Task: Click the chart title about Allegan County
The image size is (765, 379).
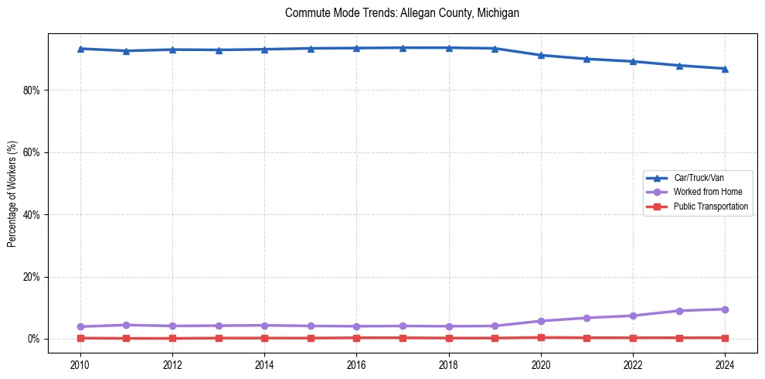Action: (x=401, y=13)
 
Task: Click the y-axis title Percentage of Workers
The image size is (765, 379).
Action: (x=12, y=193)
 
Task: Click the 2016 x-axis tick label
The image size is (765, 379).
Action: (x=356, y=364)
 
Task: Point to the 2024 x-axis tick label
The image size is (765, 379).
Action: (x=725, y=364)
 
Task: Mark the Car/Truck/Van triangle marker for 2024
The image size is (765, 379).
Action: (x=725, y=69)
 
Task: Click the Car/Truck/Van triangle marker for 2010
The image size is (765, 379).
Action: (x=80, y=49)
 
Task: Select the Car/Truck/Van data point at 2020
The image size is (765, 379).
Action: (x=541, y=55)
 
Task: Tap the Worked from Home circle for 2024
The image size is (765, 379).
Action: (x=725, y=309)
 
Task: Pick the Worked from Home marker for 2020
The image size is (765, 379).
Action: (x=541, y=321)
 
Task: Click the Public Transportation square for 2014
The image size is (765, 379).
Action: (x=264, y=338)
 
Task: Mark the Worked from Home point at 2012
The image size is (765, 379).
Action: (x=172, y=326)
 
